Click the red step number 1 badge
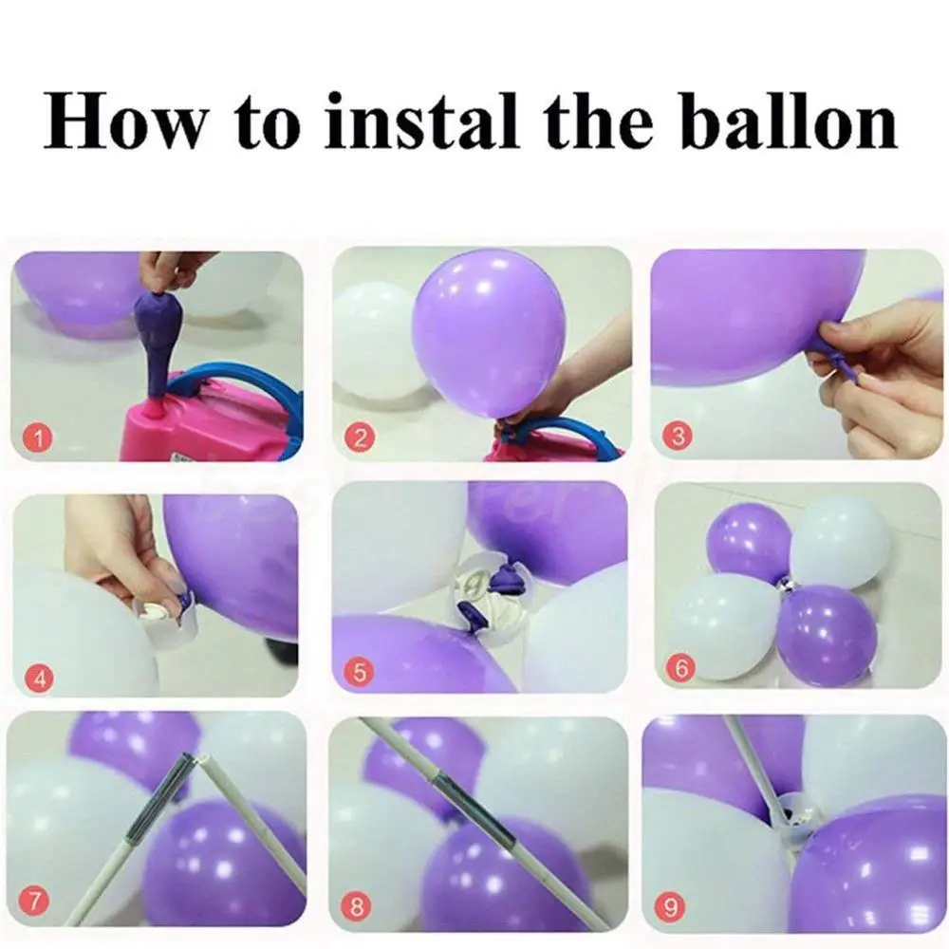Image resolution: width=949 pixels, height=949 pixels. click(38, 437)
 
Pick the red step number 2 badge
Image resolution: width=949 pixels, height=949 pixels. click(358, 437)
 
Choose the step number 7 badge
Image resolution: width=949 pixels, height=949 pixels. click(35, 902)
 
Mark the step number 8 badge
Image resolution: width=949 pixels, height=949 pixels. click(357, 905)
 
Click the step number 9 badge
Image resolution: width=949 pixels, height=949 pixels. click(674, 904)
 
